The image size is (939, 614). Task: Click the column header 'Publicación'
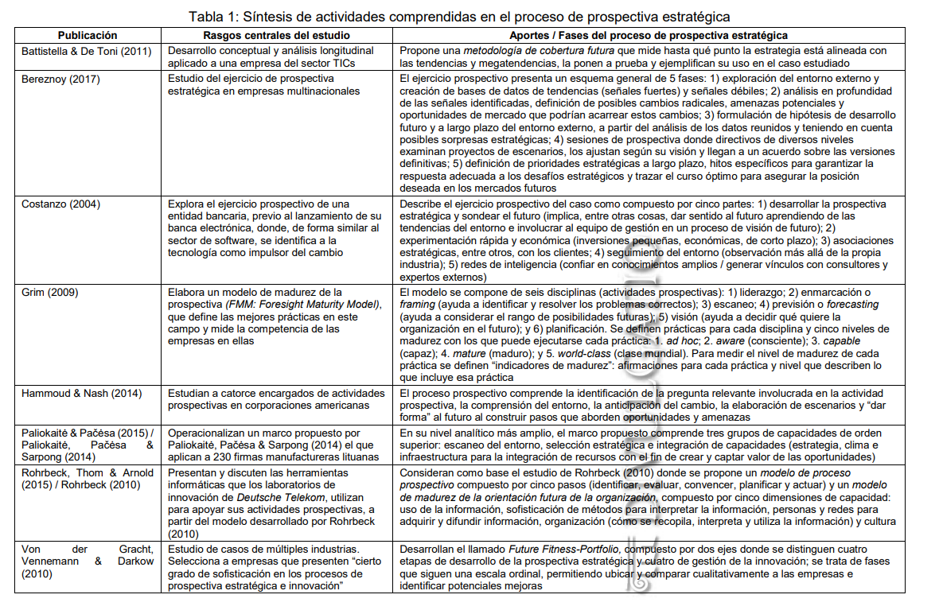tap(88, 36)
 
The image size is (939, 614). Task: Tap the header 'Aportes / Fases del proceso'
tap(649, 36)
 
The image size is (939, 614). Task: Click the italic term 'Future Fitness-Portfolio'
tap(555, 550)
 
